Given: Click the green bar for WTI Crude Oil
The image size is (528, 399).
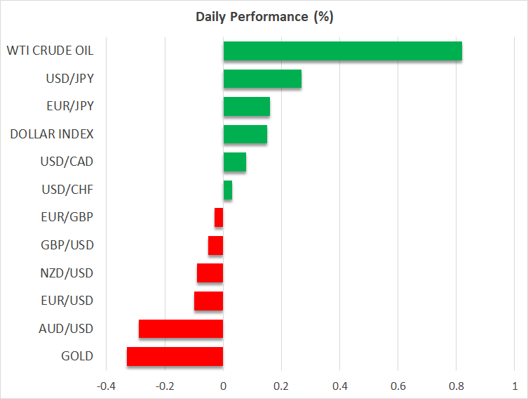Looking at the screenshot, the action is click(x=342, y=51).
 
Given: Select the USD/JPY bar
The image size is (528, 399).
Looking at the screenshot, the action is click(x=262, y=79).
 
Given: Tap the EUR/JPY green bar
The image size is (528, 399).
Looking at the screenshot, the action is click(x=247, y=106).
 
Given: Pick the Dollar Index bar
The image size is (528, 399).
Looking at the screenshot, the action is click(x=245, y=134).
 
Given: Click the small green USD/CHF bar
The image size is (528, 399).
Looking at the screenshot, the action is click(x=228, y=190).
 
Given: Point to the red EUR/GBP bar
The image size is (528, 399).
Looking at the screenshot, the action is click(x=219, y=218).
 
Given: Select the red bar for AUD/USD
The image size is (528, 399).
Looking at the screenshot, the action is click(x=181, y=329).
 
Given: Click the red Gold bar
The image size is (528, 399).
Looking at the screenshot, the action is click(x=175, y=357).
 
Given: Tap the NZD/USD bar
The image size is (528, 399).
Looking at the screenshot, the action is click(x=210, y=273).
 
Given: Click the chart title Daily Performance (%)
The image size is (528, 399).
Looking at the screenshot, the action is click(x=264, y=17).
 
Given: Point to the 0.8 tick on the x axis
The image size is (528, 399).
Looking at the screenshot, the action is click(x=456, y=386).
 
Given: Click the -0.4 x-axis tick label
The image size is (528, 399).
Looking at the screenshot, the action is click(x=106, y=386).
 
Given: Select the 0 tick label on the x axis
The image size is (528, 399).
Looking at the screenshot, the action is click(x=223, y=386).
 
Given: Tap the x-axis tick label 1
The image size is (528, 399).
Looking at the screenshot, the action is click(x=515, y=386).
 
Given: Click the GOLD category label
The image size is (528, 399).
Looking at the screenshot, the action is click(x=76, y=356).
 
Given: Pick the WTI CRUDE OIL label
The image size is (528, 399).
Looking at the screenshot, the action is click(x=50, y=51).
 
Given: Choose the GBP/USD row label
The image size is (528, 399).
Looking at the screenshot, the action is click(x=67, y=245).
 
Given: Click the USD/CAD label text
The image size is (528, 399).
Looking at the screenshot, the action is click(x=67, y=162).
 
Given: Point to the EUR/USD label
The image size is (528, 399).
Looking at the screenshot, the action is click(x=67, y=301).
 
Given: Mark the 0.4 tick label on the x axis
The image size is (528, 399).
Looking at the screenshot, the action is click(x=340, y=386).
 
